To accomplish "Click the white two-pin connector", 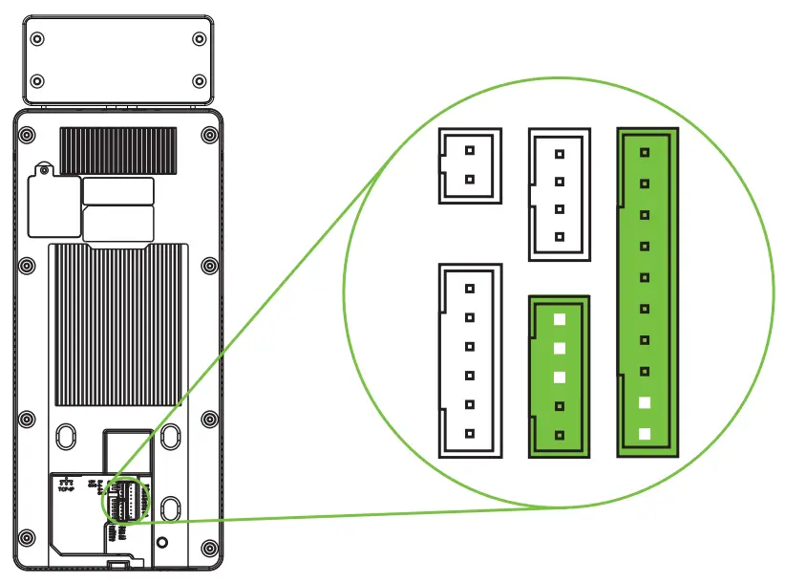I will pyautogui.click(x=469, y=165).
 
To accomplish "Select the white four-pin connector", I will pyautogui.click(x=561, y=195).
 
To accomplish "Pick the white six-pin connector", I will pyautogui.click(x=469, y=360).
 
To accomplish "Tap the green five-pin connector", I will pyautogui.click(x=560, y=377).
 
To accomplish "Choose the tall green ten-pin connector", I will pyautogui.click(x=647, y=291).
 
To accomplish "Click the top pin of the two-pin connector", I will pyautogui.click(x=469, y=151).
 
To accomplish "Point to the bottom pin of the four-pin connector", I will pyautogui.click(x=561, y=236).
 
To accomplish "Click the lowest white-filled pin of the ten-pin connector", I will pyautogui.click(x=646, y=434).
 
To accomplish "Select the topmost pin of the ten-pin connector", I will pyautogui.click(x=646, y=151).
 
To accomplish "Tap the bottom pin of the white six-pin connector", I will pyautogui.click(x=469, y=433).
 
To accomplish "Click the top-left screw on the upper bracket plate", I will pyautogui.click(x=37, y=39).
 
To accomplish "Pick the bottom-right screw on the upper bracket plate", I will pyautogui.click(x=199, y=80).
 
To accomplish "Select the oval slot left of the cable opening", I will pyautogui.click(x=65, y=436).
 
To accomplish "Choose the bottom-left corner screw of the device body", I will pyautogui.click(x=28, y=548).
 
